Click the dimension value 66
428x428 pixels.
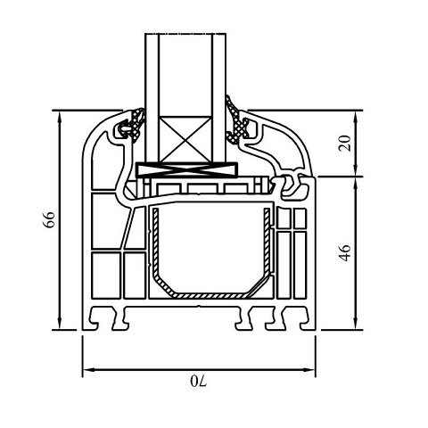click(x=50, y=219)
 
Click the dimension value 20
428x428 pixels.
click(x=345, y=144)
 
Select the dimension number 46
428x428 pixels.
click(x=345, y=253)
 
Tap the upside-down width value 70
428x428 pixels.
click(x=199, y=381)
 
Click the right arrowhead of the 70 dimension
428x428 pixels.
click(x=309, y=369)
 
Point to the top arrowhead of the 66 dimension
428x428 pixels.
click(x=60, y=117)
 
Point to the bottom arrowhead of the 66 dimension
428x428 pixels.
click(x=60, y=324)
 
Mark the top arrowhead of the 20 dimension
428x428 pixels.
click(x=356, y=117)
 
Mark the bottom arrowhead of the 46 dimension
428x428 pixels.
click(x=356, y=324)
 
